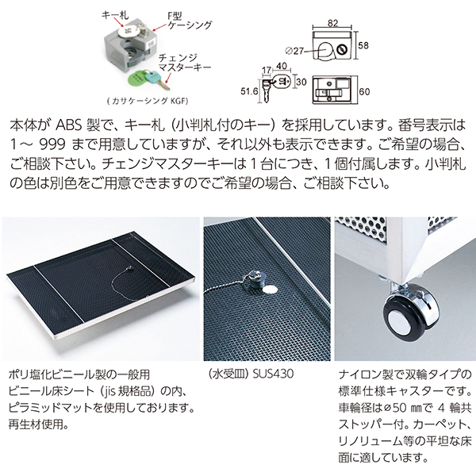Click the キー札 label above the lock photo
pos(115,14)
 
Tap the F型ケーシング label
pos(190,21)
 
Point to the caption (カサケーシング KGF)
pos(148,101)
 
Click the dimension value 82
pos(332,23)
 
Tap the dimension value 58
pos(363,45)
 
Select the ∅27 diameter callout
pos(294,51)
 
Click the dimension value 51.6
pos(249,90)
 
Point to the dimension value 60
pos(364,91)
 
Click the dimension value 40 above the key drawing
pos(281,66)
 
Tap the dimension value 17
pos(267,70)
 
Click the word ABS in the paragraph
pos(68,125)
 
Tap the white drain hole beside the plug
pos(270,290)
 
